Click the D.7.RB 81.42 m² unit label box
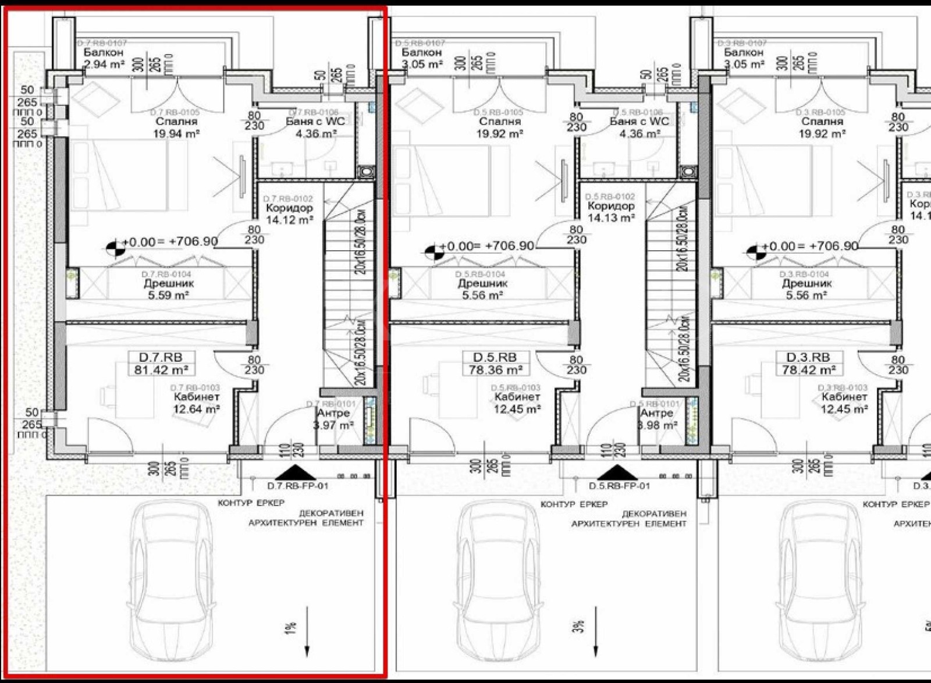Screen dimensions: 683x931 (x=159, y=363)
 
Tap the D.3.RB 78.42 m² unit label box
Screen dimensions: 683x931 (x=808, y=363)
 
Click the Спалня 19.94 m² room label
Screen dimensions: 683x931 (x=176, y=127)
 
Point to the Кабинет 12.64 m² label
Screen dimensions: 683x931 (x=196, y=403)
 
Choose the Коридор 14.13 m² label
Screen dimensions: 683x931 (x=610, y=212)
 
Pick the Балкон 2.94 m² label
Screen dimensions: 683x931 (x=104, y=58)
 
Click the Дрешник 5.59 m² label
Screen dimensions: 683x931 (x=169, y=289)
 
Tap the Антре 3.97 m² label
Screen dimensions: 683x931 (x=333, y=419)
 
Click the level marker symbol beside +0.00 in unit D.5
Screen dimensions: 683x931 (x=432, y=251)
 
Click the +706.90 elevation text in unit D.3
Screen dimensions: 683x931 (x=833, y=246)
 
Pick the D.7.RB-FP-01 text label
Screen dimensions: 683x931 (x=297, y=486)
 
